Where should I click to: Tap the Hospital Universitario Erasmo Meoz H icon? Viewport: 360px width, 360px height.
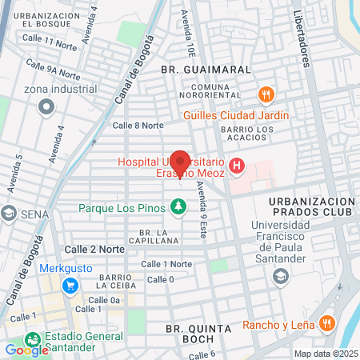click(x=237, y=166)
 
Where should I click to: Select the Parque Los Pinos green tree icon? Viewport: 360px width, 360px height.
click(x=178, y=208)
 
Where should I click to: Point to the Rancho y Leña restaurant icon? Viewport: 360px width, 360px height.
click(x=326, y=325)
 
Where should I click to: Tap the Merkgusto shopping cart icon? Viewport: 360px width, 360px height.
click(x=71, y=286)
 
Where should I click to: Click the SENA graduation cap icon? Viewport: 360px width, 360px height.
click(x=9, y=214)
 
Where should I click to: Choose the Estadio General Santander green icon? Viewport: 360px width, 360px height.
click(x=33, y=339)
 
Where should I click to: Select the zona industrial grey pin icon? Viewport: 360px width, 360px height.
click(x=46, y=105)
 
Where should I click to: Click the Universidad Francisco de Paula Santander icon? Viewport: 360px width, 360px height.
click(x=280, y=277)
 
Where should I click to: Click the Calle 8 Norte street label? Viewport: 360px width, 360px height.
click(x=138, y=125)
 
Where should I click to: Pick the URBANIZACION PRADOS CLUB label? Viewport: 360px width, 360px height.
click(x=311, y=206)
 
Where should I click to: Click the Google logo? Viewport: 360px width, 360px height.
click(x=26, y=350)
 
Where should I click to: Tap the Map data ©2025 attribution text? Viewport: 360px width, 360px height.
click(x=325, y=354)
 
